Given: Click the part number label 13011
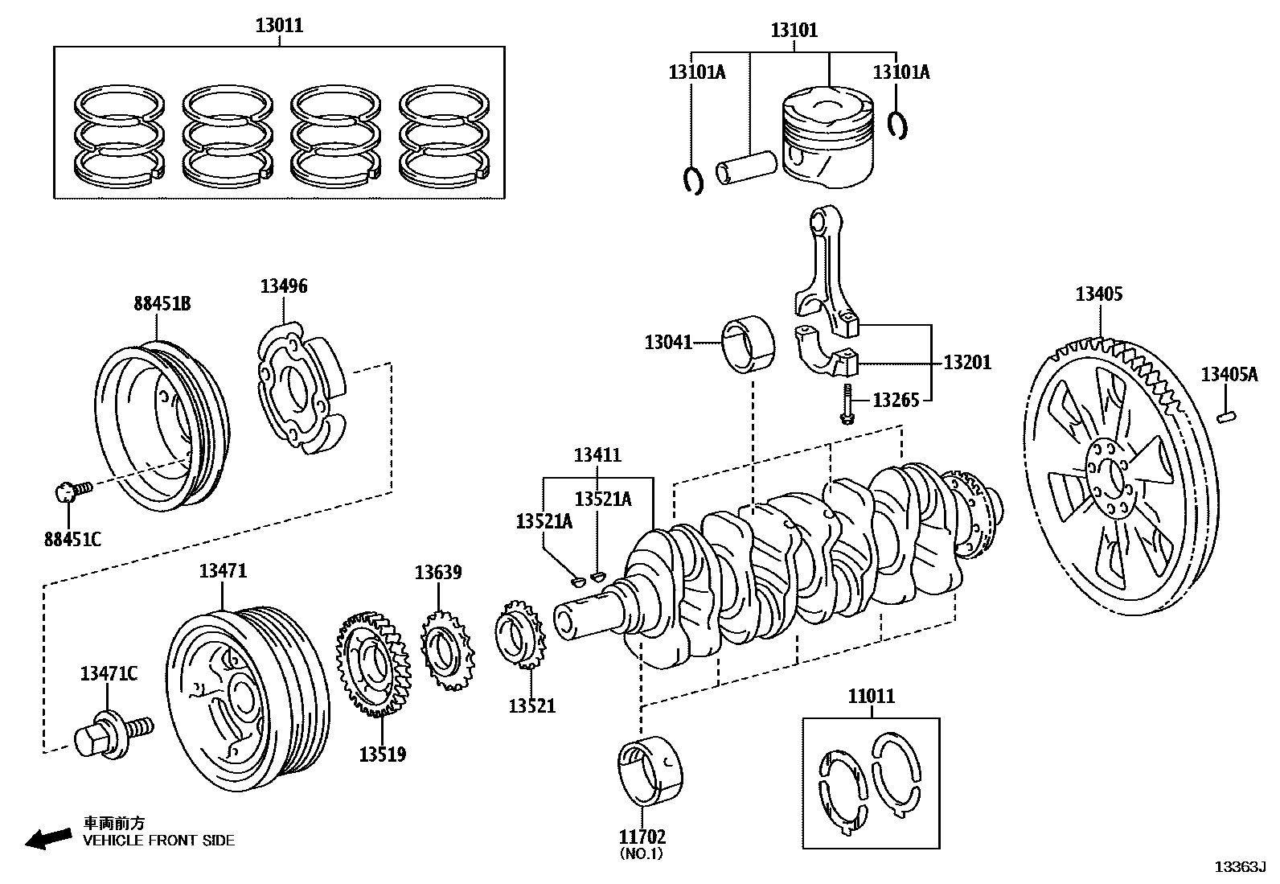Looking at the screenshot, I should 279,26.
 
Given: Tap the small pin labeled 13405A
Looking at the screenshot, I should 1228,416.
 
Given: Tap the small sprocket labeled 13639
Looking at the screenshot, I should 444,648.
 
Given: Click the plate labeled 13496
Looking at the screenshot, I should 302,386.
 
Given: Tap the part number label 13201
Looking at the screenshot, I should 966,363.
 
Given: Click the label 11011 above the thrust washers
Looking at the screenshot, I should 871,697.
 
